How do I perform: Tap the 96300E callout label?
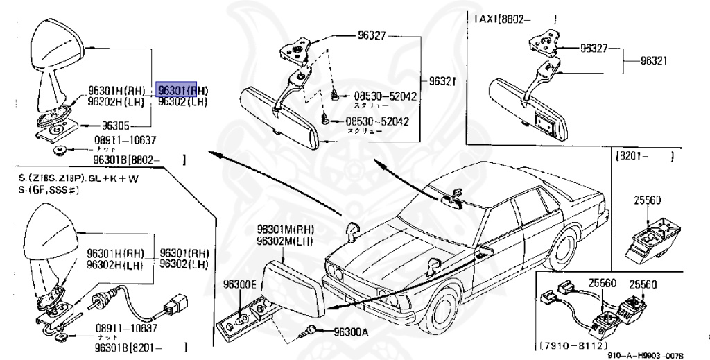click(239, 284)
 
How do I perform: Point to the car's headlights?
click(336, 271)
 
